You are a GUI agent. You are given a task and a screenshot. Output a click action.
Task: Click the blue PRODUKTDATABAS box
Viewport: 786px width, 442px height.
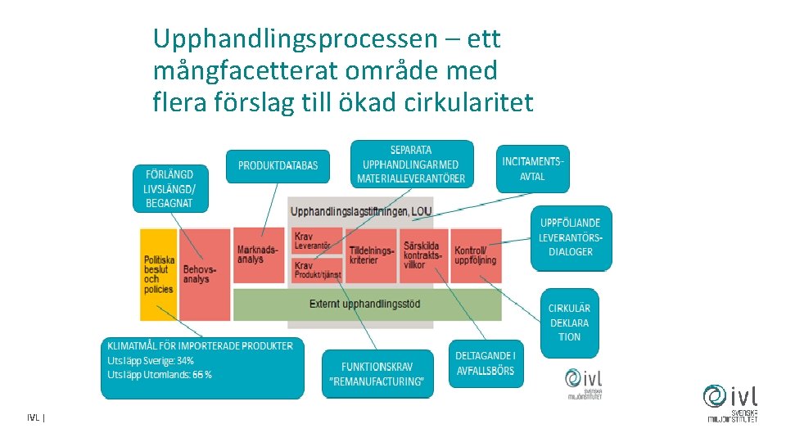tap(278, 166)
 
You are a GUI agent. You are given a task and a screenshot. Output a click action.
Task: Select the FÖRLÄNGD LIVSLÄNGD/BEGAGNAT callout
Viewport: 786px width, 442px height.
tap(169, 189)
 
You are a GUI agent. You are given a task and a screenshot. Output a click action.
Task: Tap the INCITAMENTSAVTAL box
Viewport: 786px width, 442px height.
tap(533, 169)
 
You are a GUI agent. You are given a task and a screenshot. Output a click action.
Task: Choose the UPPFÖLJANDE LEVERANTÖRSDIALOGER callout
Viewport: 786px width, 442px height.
tap(571, 237)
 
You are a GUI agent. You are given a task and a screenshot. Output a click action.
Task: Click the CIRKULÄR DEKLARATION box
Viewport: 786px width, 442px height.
tap(569, 322)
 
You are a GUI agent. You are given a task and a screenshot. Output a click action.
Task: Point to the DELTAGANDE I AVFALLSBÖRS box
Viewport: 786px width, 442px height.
tap(485, 363)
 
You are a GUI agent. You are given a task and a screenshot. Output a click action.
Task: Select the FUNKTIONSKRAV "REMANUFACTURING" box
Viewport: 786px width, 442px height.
tap(377, 375)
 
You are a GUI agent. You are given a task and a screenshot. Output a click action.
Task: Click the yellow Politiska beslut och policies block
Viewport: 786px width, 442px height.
tap(158, 274)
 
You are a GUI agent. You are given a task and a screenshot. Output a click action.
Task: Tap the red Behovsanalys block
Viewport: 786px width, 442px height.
tap(204, 274)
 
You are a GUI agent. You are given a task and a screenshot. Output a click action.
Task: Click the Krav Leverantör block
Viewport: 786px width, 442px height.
tap(316, 241)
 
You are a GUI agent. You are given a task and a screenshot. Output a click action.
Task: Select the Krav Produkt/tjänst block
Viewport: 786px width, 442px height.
tap(316, 270)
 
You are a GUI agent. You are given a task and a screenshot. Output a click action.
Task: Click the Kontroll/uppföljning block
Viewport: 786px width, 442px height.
tap(475, 255)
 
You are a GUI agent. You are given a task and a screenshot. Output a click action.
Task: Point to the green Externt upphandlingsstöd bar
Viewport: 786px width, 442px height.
tap(365, 304)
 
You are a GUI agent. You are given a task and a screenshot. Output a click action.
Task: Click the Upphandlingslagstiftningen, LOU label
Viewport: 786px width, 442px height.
tap(361, 212)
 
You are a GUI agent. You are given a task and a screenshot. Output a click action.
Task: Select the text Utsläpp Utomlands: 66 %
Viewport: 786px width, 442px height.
tap(160, 375)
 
